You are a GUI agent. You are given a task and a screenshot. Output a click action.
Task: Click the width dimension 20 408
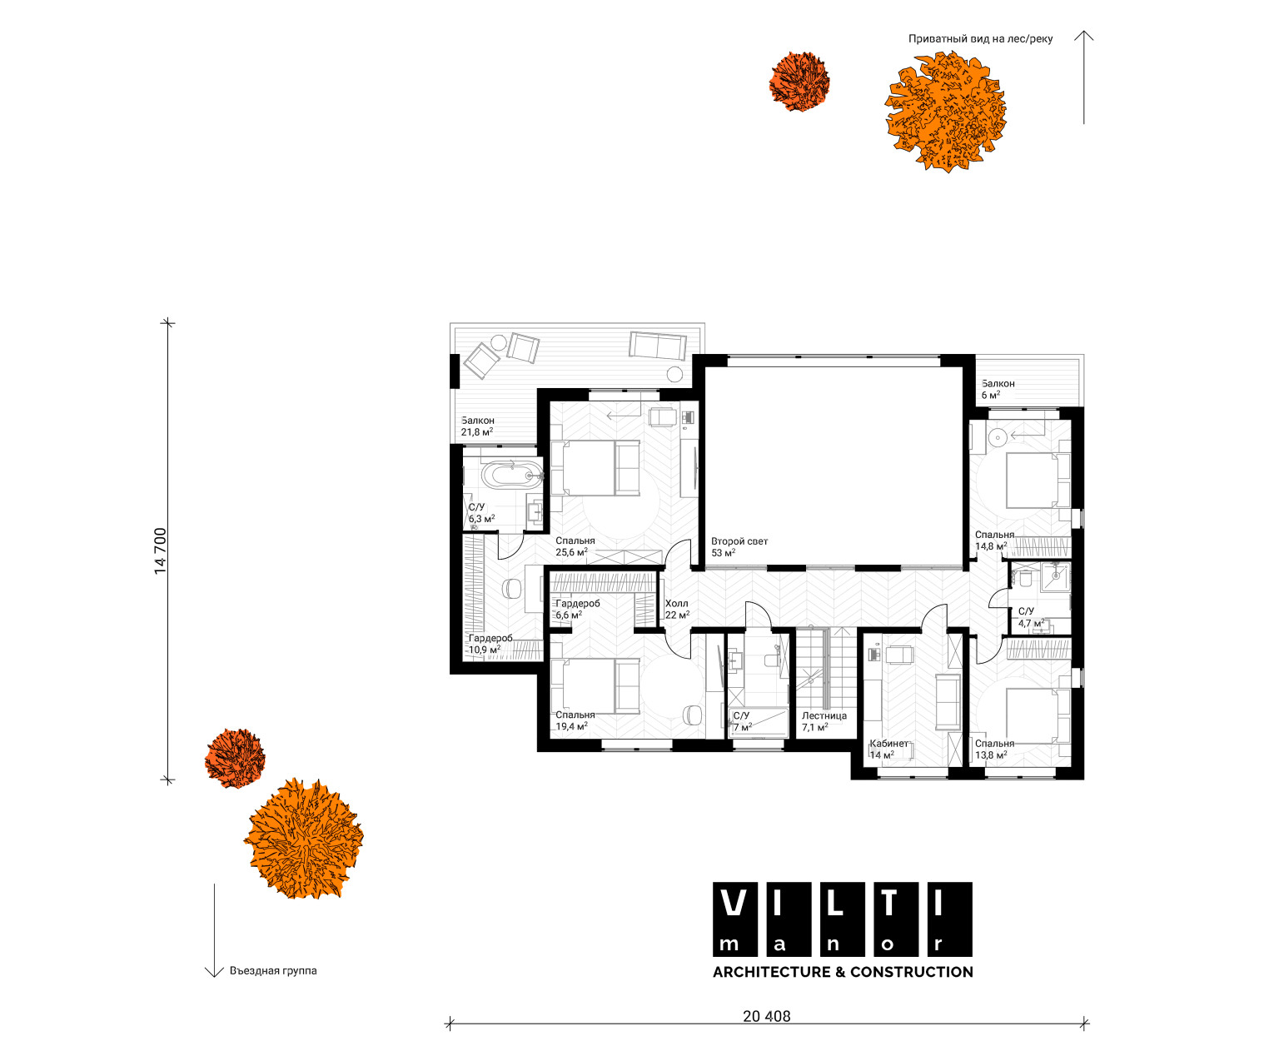click(x=766, y=1016)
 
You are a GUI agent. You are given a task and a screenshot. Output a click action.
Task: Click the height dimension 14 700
click(x=160, y=550)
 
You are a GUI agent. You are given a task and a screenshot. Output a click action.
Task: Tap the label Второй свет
click(x=739, y=541)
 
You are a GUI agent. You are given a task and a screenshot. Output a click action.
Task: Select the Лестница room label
click(x=824, y=715)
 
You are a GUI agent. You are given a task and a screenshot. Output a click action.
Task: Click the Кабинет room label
click(x=888, y=743)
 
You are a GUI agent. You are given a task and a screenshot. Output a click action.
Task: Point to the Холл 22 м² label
click(x=677, y=610)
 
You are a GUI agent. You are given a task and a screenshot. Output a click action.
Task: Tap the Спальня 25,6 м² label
click(x=575, y=546)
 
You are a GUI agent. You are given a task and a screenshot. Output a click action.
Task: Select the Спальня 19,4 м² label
click(x=575, y=720)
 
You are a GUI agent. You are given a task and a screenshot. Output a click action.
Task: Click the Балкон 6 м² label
click(x=998, y=389)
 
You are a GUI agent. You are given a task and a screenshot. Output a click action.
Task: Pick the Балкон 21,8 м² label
click(x=478, y=426)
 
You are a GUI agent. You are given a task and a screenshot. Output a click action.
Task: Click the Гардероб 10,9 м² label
click(x=490, y=644)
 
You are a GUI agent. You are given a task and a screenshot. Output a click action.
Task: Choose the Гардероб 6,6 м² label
click(x=577, y=610)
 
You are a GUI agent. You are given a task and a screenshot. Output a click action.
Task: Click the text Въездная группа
click(x=273, y=970)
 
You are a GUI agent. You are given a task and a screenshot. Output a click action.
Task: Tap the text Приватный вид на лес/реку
click(x=980, y=39)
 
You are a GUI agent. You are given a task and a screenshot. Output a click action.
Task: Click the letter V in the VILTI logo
click(x=734, y=903)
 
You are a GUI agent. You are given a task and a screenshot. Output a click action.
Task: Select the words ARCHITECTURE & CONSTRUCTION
click(x=843, y=972)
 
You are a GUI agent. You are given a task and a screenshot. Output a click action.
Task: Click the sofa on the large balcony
click(x=658, y=346)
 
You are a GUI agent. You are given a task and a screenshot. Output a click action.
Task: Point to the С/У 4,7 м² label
click(x=1032, y=617)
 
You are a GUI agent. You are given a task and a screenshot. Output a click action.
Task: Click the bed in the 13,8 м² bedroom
click(x=1038, y=715)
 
